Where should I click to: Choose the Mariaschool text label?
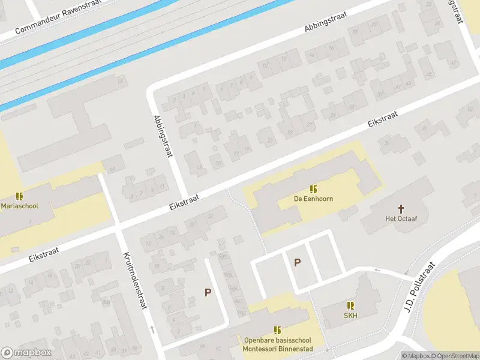19,206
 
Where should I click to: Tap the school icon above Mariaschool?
19,196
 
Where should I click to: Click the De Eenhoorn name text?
313,199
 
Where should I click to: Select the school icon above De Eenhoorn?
313,188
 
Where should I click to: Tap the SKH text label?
350,316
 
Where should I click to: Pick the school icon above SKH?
350,305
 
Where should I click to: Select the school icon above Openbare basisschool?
277,330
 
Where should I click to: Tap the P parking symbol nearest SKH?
296,262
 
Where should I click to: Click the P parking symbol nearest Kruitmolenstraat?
208,293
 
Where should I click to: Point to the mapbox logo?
25,353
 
